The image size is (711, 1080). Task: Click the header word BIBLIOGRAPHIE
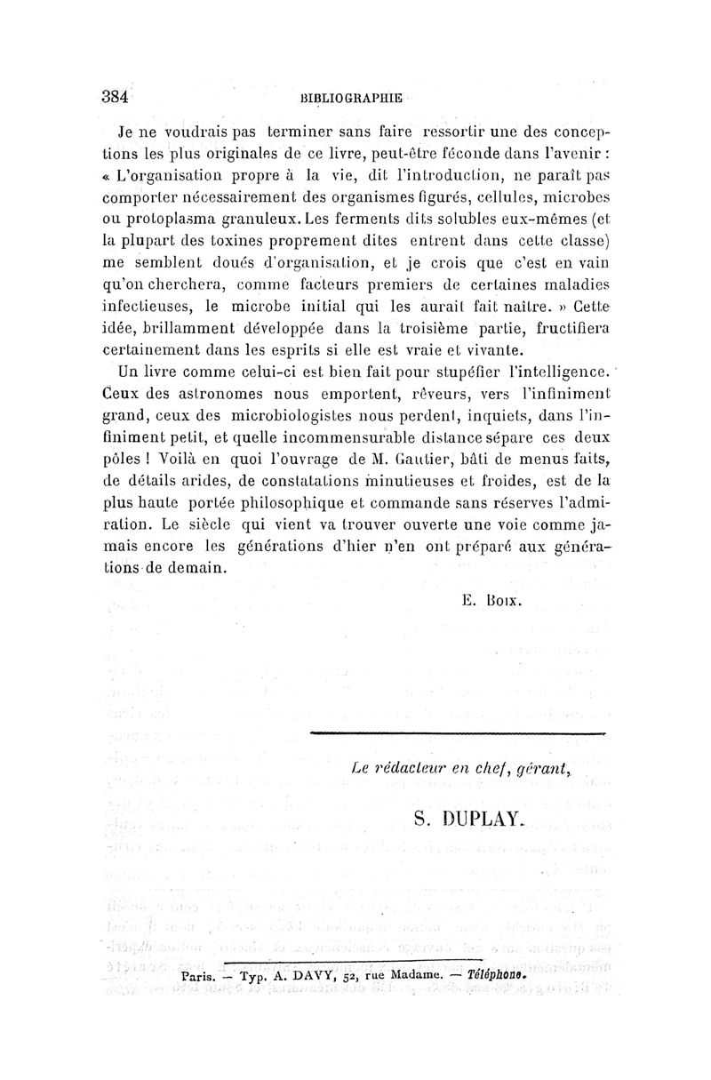pyautogui.click(x=351, y=98)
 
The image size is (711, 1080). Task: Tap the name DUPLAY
pyautogui.click(x=498, y=819)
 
